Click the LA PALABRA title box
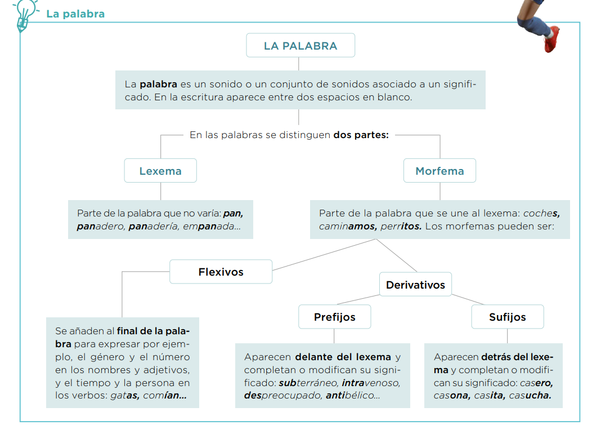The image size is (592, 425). pyautogui.click(x=301, y=46)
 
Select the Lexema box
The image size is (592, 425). pyautogui.click(x=160, y=171)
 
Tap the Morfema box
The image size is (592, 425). pyautogui.click(x=439, y=171)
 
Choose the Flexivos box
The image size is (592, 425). pyautogui.click(x=221, y=272)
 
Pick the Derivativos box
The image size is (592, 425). pyautogui.click(x=415, y=285)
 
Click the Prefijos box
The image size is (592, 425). pyautogui.click(x=334, y=317)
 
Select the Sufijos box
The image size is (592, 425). pyautogui.click(x=507, y=317)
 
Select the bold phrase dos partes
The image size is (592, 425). pyautogui.click(x=361, y=135)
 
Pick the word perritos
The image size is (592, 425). pyautogui.click(x=401, y=227)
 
